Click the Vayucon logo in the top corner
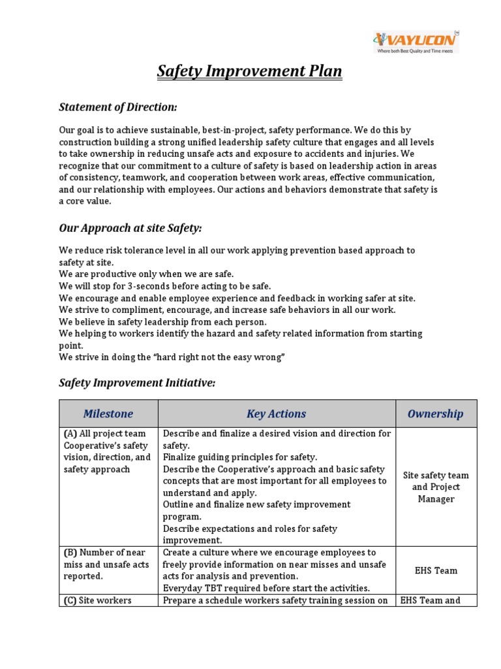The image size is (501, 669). pyautogui.click(x=416, y=42)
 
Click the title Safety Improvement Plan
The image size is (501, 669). pyautogui.click(x=249, y=71)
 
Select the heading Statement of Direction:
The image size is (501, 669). pyautogui.click(x=118, y=106)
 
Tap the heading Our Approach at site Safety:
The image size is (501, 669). pyautogui.click(x=130, y=228)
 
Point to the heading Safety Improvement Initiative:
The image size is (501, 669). pyautogui.click(x=137, y=383)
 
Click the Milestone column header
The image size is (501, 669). pyautogui.click(x=108, y=414)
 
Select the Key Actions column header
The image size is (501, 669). pyautogui.click(x=276, y=414)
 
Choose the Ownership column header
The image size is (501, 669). pyautogui.click(x=436, y=414)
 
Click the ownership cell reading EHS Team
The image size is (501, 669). pyautogui.click(x=436, y=570)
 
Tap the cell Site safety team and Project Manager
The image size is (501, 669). pyautogui.click(x=436, y=487)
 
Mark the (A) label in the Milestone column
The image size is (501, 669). pyautogui.click(x=70, y=434)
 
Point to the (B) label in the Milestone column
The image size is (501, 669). pyautogui.click(x=70, y=553)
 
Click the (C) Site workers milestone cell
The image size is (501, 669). pyautogui.click(x=97, y=600)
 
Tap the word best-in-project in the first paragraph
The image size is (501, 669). pyautogui.click(x=232, y=131)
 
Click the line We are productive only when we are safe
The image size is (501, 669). pyautogui.click(x=146, y=274)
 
